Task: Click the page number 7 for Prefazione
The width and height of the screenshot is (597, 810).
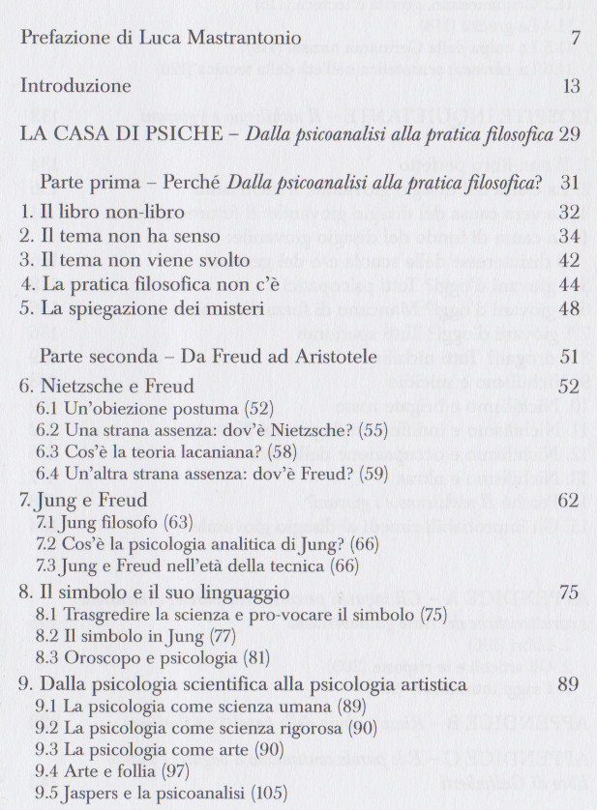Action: pos(575,40)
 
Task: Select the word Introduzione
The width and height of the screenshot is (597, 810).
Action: pos(75,87)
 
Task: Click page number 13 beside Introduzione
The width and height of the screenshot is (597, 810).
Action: pos(570,87)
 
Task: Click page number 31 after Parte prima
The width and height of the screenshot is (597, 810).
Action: pos(569,183)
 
